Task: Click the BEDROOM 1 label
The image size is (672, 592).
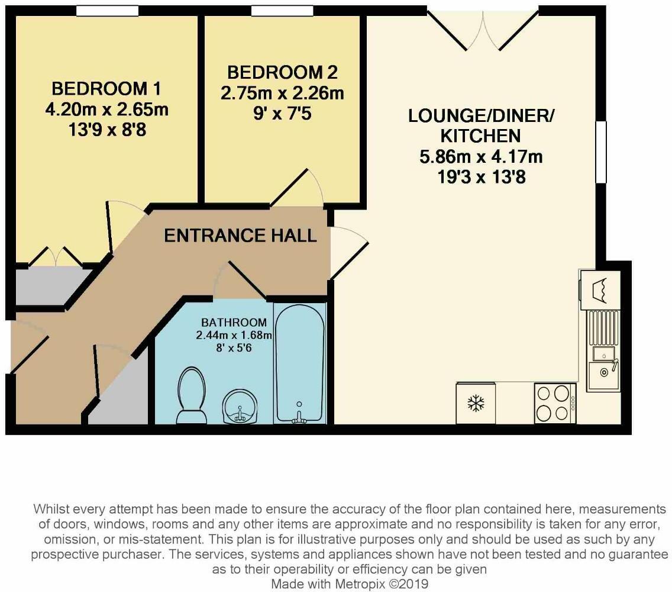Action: (x=106, y=89)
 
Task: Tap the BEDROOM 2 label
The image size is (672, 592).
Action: (x=282, y=72)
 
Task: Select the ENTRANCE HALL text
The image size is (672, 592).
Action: (x=240, y=236)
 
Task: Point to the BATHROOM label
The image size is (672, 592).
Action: (x=234, y=322)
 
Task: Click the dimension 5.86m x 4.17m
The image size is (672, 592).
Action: (x=481, y=156)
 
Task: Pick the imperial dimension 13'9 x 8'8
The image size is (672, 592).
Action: (x=107, y=130)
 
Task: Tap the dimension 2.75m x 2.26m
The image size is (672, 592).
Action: (x=282, y=93)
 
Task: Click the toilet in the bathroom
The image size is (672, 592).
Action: (x=191, y=395)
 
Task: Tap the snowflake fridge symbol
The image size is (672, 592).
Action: (x=476, y=403)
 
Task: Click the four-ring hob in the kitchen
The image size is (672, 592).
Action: (x=555, y=403)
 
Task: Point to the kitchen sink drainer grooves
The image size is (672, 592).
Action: (x=604, y=328)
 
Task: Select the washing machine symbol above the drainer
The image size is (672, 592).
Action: (x=600, y=289)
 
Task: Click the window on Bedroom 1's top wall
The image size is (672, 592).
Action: (x=108, y=11)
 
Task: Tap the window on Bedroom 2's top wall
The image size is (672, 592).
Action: (x=282, y=11)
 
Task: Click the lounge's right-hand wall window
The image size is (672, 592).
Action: (x=601, y=152)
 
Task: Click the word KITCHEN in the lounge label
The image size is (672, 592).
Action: (x=481, y=136)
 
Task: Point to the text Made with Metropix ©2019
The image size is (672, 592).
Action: (x=350, y=584)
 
